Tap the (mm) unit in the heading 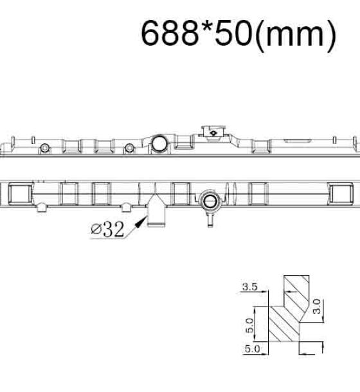coord(296,35)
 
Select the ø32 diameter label coord(107,229)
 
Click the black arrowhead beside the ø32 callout coord(141,222)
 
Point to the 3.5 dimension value coord(250,287)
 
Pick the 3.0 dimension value coord(317,307)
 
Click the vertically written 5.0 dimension coord(249,326)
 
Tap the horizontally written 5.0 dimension coord(252,349)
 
